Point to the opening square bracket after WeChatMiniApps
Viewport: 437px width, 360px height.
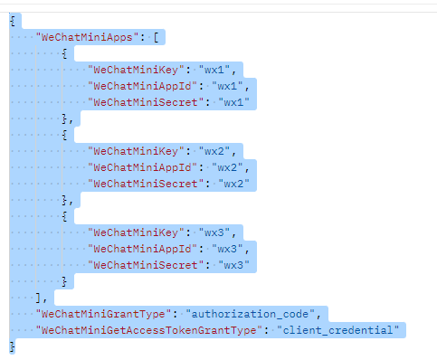coord(157,38)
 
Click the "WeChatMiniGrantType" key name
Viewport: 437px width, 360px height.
coord(102,313)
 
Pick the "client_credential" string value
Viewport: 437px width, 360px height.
coord(337,329)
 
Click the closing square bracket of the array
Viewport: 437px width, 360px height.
coord(37,297)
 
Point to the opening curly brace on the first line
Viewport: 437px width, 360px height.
coord(12,22)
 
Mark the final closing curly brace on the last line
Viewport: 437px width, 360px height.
coord(12,346)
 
